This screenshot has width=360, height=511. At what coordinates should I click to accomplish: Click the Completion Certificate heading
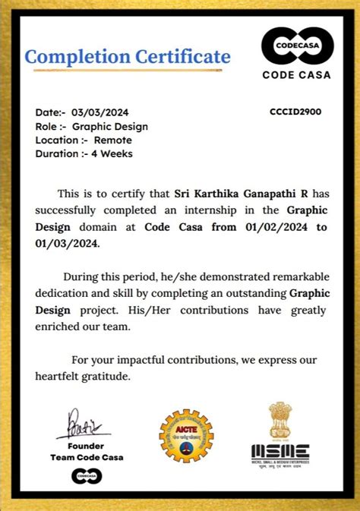(x=128, y=56)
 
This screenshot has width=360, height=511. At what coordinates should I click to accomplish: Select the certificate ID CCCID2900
(x=295, y=112)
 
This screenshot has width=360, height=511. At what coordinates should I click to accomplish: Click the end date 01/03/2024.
(x=67, y=244)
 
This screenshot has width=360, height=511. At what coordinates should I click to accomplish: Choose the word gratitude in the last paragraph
(x=106, y=376)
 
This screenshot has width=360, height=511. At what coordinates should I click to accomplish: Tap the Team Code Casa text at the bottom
(x=86, y=457)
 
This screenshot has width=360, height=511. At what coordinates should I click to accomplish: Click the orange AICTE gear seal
(x=186, y=436)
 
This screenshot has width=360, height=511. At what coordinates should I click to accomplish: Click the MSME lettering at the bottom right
(x=280, y=452)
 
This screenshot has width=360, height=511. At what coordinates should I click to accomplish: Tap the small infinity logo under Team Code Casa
(x=86, y=476)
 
